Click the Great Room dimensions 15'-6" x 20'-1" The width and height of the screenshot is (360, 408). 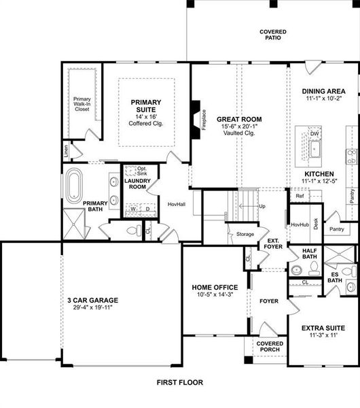[x=238, y=126]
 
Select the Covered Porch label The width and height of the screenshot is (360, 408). [x=269, y=347]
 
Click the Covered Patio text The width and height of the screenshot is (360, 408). [x=272, y=34]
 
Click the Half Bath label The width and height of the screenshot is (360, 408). [x=309, y=253]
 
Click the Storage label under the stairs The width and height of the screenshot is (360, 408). [x=245, y=234]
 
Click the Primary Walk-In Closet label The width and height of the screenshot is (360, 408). [x=82, y=103]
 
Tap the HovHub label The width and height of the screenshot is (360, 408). [x=300, y=224]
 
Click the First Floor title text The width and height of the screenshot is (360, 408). [x=179, y=384]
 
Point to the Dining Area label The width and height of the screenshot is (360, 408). [x=323, y=91]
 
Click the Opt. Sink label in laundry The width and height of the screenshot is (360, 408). [x=142, y=171]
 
